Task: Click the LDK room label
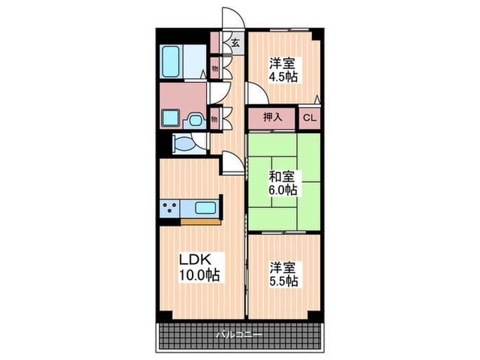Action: [x=195, y=260]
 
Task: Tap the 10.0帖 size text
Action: [x=200, y=275]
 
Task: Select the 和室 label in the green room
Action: [x=282, y=176]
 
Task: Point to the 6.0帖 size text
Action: [x=283, y=190]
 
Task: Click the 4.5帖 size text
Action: [x=283, y=77]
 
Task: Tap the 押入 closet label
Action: [x=273, y=117]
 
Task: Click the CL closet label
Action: [x=309, y=118]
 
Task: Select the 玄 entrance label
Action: [x=235, y=43]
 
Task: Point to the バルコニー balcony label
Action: [x=239, y=335]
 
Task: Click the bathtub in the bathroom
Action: [x=170, y=61]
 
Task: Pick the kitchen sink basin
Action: [x=205, y=208]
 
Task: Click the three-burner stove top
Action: [x=170, y=208]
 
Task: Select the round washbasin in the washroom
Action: [x=194, y=120]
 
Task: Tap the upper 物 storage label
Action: [x=215, y=69]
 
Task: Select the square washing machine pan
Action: [x=170, y=118]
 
